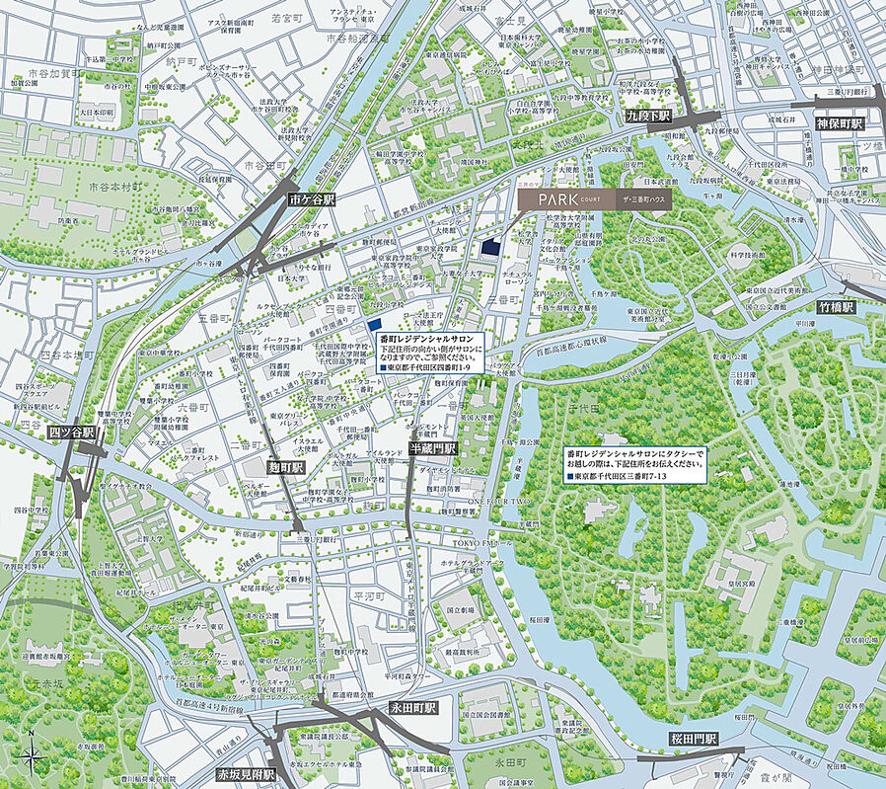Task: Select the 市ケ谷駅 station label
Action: (312, 199)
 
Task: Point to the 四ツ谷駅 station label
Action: (71, 433)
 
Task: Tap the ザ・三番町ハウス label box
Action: (647, 199)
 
